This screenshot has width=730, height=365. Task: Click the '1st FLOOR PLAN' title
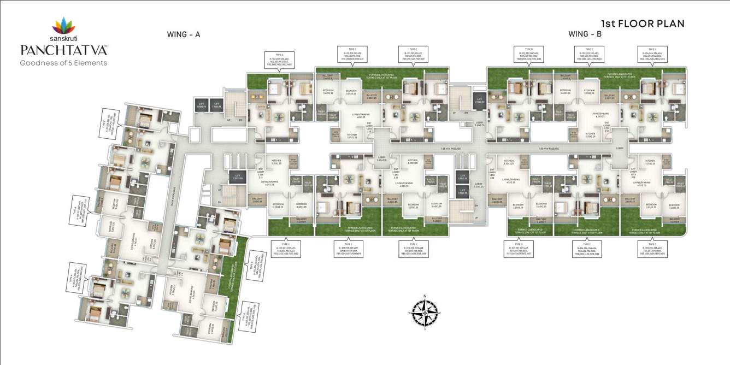pos(643,23)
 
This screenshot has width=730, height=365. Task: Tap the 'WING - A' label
pos(184,34)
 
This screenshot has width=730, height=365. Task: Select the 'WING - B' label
pos(585,34)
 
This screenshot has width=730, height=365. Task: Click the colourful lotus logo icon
pos(64,25)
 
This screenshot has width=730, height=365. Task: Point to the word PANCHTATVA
pos(64,51)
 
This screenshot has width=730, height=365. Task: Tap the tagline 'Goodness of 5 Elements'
pos(63,63)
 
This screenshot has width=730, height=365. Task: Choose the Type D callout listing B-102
pos(528,54)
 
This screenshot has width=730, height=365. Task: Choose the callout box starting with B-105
pos(652,249)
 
